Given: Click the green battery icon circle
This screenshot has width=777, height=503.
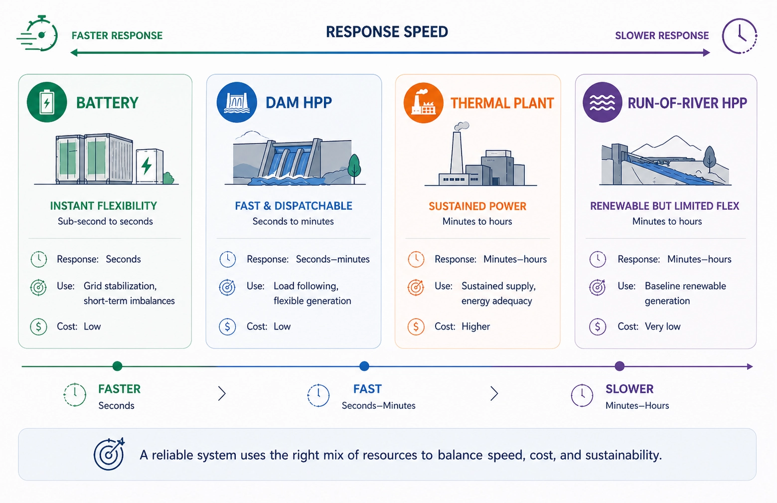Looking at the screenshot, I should click(47, 102).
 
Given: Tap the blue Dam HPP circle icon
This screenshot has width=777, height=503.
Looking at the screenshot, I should click(237, 102).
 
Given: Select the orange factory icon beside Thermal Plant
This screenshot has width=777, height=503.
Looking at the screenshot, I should click(423, 103).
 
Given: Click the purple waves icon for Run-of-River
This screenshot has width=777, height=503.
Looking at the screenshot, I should click(603, 102).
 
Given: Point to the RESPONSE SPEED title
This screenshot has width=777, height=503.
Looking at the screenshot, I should click(387, 32).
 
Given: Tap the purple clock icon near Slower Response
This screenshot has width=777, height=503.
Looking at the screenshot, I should click(740, 36).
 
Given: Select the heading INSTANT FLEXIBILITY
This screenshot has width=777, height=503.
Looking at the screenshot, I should click(103, 206).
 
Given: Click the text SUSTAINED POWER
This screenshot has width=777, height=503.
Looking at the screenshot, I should click(477, 206).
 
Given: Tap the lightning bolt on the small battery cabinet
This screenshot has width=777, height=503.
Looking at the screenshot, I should click(147, 166).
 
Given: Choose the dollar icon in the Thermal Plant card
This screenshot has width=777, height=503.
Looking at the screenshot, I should click(416, 327).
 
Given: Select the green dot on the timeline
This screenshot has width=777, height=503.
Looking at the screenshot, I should click(118, 366).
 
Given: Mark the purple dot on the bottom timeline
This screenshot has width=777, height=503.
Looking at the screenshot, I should click(620, 366).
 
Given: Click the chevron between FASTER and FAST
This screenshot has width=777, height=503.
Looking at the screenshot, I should click(222, 393).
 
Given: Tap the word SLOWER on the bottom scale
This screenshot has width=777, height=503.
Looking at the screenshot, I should click(629, 389).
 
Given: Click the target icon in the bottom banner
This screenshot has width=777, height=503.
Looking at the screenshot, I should click(109, 454).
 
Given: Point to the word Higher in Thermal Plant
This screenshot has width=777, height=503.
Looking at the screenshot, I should click(475, 327).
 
